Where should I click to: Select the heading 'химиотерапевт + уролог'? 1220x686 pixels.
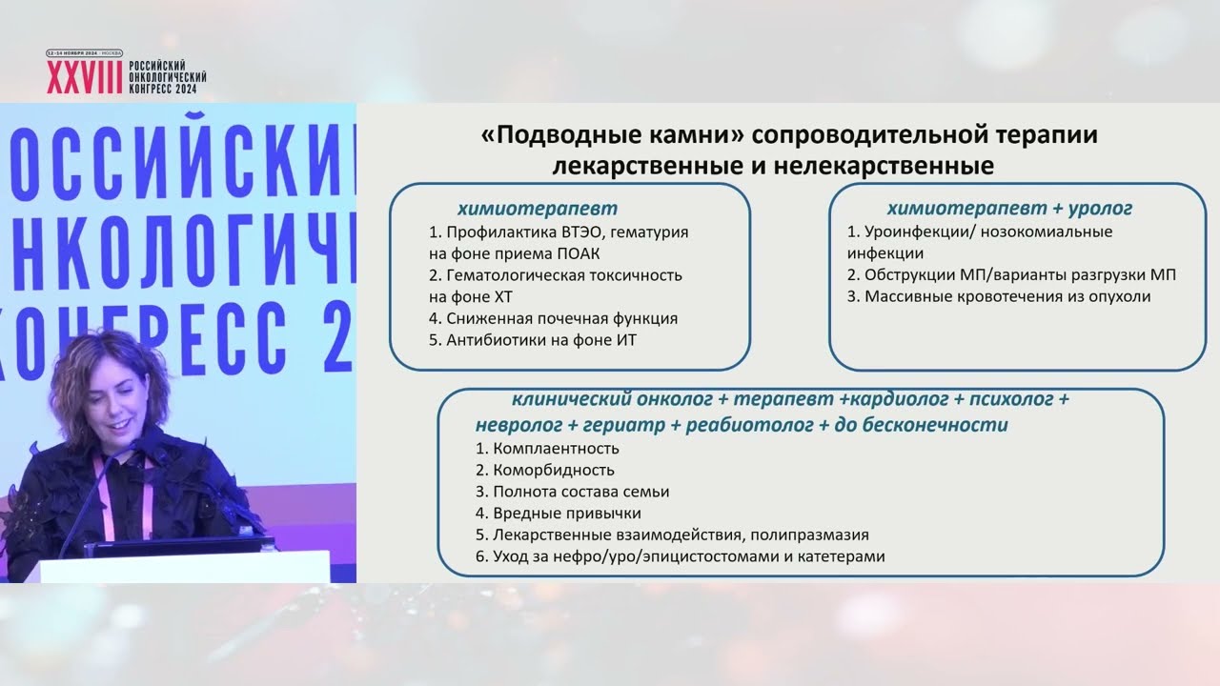pos(1009,208)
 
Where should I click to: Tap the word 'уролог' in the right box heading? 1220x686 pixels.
pos(1099,208)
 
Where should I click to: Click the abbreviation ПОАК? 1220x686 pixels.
pos(577,253)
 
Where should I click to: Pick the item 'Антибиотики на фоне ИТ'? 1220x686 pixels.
pos(540,340)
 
